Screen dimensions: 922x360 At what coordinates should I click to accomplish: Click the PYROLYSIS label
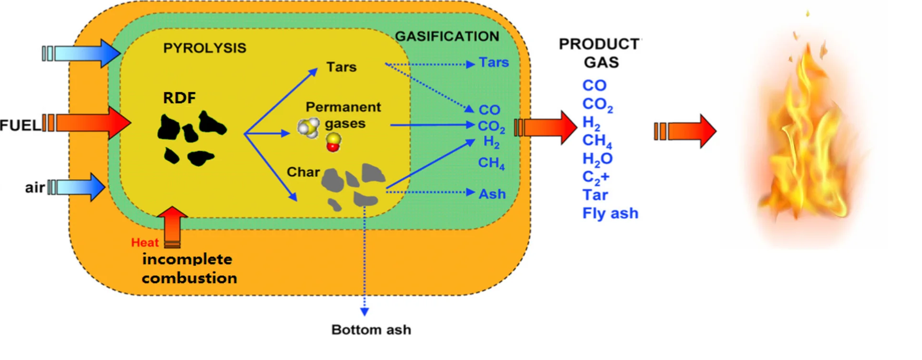[205, 48]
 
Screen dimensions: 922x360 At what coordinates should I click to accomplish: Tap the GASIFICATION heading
[447, 36]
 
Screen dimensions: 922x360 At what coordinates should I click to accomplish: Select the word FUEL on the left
[20, 125]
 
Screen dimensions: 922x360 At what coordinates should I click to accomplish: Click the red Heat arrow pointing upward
[172, 227]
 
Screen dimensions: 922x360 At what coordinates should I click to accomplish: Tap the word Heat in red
[144, 243]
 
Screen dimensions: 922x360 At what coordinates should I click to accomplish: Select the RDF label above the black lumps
[179, 98]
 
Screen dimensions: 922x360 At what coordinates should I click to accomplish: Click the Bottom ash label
[371, 330]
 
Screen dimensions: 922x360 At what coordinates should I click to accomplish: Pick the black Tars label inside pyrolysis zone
[342, 67]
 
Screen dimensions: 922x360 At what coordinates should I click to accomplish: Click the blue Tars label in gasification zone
[494, 63]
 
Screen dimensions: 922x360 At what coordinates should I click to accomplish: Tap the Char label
[303, 172]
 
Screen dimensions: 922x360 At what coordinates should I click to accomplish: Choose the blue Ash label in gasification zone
[492, 194]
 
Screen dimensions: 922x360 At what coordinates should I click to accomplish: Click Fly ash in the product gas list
[610, 214]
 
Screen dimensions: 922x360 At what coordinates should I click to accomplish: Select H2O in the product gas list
[597, 159]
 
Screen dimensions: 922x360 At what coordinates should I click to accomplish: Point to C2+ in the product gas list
[596, 178]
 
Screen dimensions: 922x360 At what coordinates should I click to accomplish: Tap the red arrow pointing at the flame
[685, 131]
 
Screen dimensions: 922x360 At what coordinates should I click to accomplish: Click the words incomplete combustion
[189, 269]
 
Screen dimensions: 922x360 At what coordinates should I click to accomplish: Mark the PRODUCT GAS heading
[600, 53]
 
